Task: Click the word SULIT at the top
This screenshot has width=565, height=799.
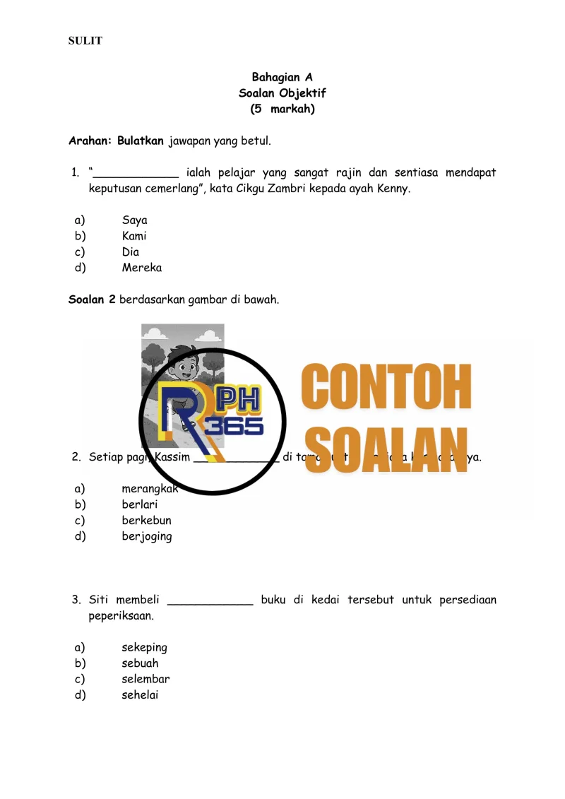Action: click(x=85, y=41)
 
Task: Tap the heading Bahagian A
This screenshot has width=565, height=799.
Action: click(x=282, y=77)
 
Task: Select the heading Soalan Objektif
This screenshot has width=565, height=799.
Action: click(x=282, y=93)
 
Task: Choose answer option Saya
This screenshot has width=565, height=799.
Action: click(x=134, y=220)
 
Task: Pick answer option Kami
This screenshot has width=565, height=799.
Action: click(x=133, y=236)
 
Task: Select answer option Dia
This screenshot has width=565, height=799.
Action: click(x=130, y=252)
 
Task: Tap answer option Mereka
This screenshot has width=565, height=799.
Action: click(x=141, y=268)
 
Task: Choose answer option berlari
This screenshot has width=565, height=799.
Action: click(x=139, y=504)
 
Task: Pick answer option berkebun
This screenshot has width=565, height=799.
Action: click(x=146, y=521)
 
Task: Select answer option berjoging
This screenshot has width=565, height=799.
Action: click(x=146, y=536)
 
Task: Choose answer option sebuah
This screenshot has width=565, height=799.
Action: click(x=140, y=663)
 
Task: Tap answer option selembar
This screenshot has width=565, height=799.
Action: click(x=145, y=679)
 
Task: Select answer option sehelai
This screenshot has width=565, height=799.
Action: click(x=140, y=695)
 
